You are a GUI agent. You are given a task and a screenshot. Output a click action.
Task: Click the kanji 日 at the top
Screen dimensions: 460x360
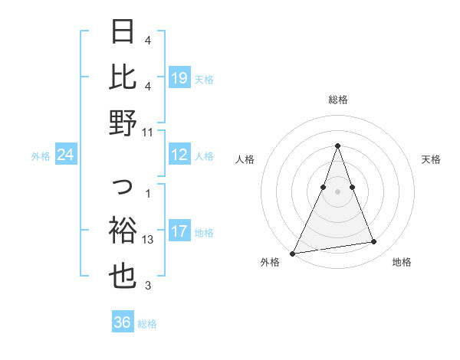tap(123, 33)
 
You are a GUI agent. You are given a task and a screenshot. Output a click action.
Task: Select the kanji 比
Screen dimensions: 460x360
tap(123, 77)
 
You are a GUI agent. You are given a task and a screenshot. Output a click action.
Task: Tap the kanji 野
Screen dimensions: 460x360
tap(123, 122)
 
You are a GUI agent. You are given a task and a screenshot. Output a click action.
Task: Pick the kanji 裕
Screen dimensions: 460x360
tap(123, 230)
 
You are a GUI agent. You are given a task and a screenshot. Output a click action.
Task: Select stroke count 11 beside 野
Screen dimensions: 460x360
tap(148, 132)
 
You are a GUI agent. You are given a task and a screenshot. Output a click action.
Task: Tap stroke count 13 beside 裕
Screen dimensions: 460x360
tap(148, 240)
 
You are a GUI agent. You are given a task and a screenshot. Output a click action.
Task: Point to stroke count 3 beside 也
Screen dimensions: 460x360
tap(148, 286)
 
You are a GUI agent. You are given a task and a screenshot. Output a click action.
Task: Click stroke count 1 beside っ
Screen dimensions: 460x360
tap(148, 193)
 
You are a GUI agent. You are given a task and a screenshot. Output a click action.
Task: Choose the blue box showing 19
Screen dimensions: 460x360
tap(179, 77)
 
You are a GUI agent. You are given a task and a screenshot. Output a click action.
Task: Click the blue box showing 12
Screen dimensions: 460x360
tap(179, 155)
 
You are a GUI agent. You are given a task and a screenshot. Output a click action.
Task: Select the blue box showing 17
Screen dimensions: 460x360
tap(179, 231)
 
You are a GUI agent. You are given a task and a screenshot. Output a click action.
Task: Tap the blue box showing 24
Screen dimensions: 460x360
tap(66, 155)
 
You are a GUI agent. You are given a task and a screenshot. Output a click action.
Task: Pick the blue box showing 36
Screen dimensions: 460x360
tap(123, 322)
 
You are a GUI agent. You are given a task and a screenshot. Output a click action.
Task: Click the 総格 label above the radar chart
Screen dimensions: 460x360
tap(337, 100)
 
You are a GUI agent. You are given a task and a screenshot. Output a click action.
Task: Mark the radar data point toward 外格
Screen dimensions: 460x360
tap(292, 253)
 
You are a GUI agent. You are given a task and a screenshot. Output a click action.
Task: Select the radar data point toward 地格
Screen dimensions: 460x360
tap(374, 242)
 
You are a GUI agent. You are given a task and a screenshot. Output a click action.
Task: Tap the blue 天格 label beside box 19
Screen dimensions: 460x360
tap(204, 79)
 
